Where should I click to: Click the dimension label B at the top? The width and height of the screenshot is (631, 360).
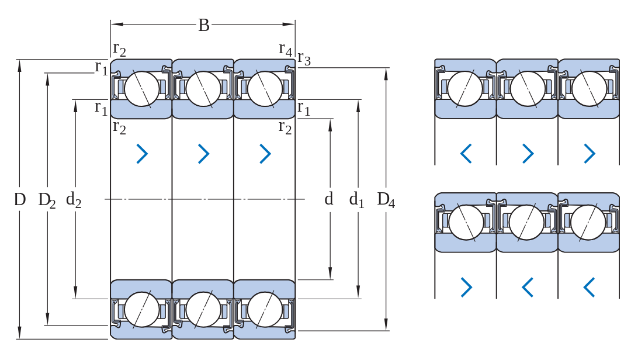coord(204,25)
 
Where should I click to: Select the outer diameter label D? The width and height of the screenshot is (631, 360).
coord(20,199)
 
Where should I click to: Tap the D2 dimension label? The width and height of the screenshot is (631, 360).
coord(47,200)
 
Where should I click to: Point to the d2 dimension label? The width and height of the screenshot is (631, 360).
coord(74,200)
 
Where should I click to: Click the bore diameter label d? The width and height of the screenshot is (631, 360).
coord(329,199)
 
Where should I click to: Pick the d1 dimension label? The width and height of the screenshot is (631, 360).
coord(356,199)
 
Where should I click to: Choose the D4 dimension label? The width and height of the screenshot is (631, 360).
coord(386,200)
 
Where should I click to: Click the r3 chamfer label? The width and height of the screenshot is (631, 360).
coord(304,59)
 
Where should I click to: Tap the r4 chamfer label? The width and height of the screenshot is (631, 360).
coord(285,50)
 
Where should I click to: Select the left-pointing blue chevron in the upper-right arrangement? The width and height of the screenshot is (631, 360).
coord(466,154)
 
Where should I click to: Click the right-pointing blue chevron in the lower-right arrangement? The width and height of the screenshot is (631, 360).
coord(466,287)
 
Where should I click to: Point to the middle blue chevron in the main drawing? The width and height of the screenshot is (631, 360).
coord(204,154)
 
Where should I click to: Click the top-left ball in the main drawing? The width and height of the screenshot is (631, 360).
coord(141,89)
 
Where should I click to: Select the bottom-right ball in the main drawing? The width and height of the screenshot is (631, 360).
coord(265,309)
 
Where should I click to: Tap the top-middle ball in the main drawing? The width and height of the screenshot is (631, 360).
coord(203,89)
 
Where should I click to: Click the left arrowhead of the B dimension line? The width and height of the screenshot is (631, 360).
coord(117,24)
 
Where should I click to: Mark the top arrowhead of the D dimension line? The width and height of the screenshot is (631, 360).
coord(19,66)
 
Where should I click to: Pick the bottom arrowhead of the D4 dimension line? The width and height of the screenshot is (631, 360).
coord(386,324)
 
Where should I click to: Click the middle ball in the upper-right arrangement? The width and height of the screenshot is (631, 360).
coord(527,89)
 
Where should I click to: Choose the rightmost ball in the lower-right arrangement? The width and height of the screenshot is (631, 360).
coord(588,222)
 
